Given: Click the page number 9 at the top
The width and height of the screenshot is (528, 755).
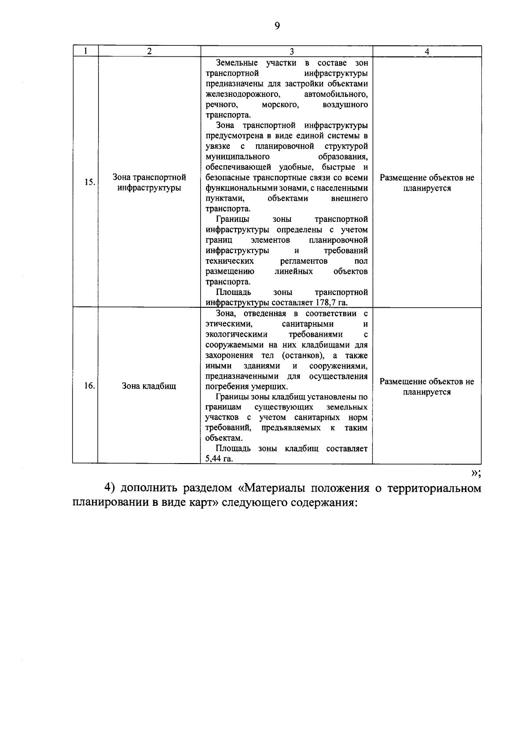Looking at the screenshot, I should click(x=277, y=26).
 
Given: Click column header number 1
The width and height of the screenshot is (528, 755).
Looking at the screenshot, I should click(x=85, y=51).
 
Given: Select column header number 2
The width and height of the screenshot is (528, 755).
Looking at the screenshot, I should click(x=150, y=51).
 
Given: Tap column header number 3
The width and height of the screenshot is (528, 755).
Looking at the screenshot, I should click(x=286, y=51).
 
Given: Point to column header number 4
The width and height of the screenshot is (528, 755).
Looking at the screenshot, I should click(x=427, y=51).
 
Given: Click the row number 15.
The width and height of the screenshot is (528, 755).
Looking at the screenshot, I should click(x=89, y=182).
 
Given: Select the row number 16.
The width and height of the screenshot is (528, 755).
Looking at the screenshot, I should click(x=89, y=386).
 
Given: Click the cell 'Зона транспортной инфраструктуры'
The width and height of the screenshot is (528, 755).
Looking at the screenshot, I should click(x=150, y=183).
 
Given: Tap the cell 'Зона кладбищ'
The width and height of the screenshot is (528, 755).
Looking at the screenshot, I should click(x=149, y=386).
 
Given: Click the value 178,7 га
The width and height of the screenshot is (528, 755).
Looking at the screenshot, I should click(x=331, y=303).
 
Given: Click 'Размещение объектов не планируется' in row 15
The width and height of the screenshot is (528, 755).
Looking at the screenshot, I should click(x=427, y=183).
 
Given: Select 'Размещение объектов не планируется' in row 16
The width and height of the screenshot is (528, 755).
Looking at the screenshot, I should click(x=427, y=387).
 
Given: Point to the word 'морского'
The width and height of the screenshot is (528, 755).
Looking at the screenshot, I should click(x=280, y=105).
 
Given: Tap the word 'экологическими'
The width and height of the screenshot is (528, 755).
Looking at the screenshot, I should click(x=236, y=335).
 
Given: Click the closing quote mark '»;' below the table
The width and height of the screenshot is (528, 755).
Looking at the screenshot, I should click(x=476, y=473).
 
